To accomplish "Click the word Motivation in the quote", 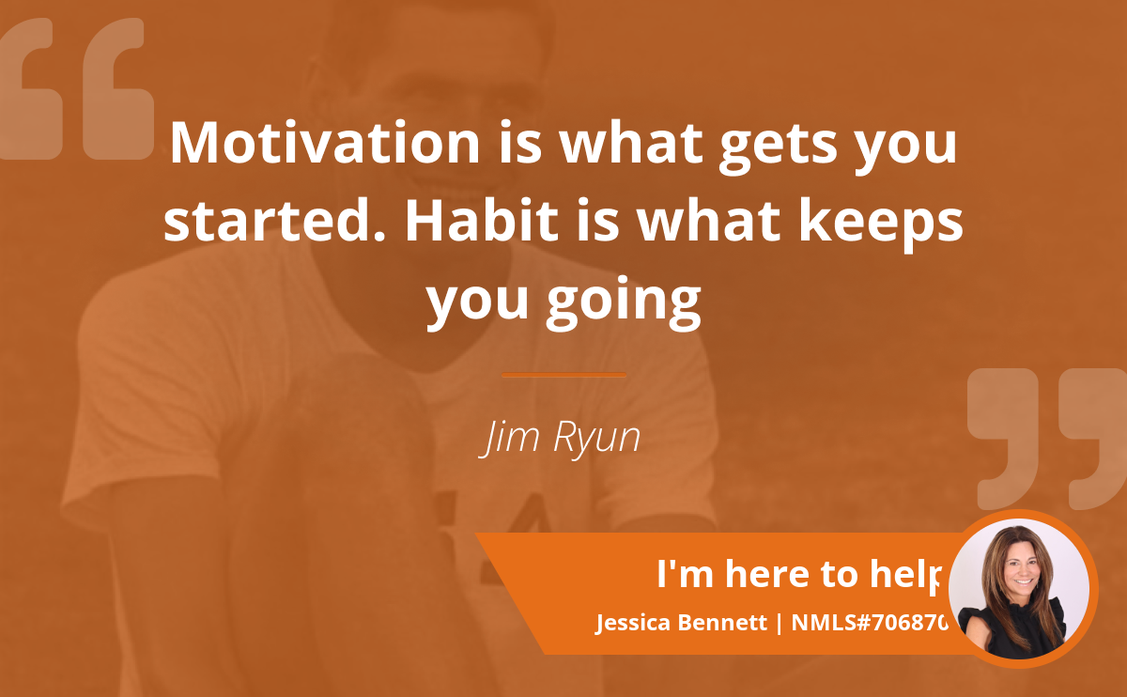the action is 325,143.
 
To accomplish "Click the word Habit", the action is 482,221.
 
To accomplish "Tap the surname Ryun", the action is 596,439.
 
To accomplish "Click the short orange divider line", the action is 564,375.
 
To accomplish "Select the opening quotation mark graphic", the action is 76,89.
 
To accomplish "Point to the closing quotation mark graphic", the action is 1047,439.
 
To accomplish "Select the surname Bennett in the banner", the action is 722,623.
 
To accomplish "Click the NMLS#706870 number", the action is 870,623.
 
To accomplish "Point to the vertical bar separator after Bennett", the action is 780,623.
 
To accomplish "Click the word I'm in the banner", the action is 686,574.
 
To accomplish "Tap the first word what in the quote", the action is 631,143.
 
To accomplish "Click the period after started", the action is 379,237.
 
